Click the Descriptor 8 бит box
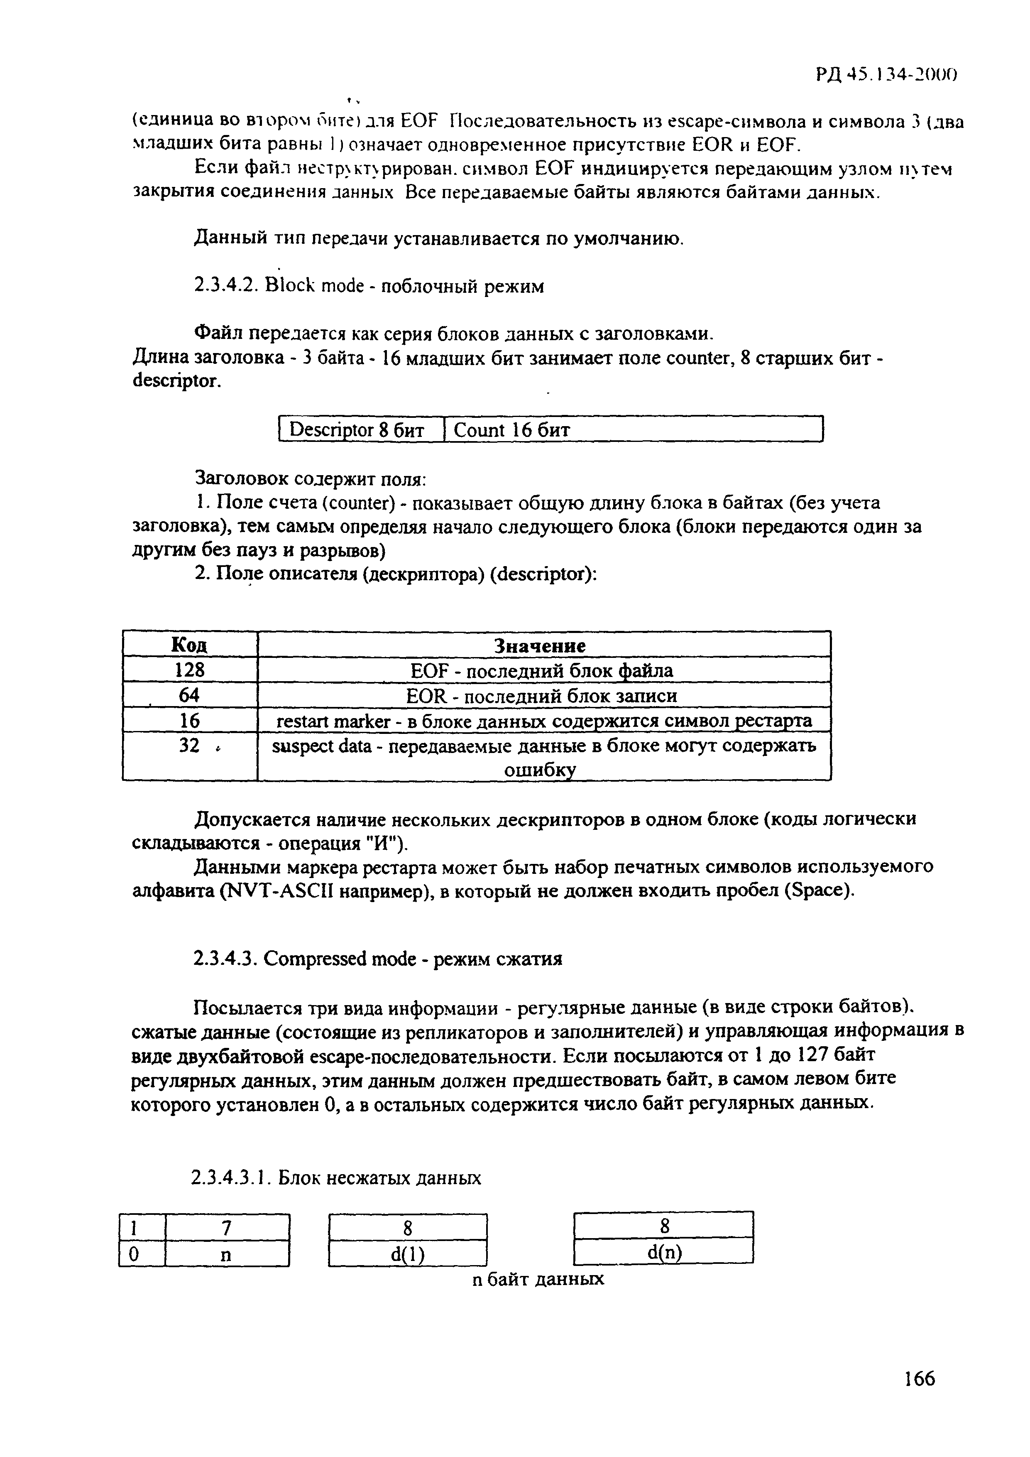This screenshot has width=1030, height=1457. (x=362, y=429)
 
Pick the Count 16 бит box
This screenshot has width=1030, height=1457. (x=634, y=429)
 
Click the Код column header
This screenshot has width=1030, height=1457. (x=190, y=645)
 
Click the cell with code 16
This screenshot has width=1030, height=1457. (x=190, y=720)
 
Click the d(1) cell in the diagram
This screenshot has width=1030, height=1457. (x=407, y=1254)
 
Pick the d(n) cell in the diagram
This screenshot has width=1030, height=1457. (x=663, y=1253)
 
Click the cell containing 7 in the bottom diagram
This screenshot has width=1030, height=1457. (x=226, y=1229)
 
